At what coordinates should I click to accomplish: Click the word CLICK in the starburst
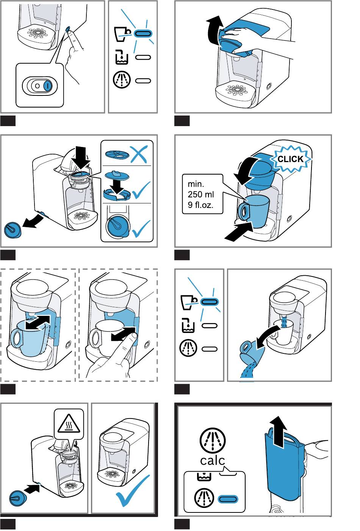[x=291, y=159]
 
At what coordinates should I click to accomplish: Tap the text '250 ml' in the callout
[x=200, y=194]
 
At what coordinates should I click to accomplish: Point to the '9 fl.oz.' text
[x=200, y=205]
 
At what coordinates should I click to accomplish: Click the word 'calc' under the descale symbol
[x=212, y=460]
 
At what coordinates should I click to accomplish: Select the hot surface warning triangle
[x=69, y=423]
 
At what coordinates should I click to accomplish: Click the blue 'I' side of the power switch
[x=47, y=86]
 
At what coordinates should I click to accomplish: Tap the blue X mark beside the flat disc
[x=139, y=154]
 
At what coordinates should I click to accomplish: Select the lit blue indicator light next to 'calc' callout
[x=227, y=499]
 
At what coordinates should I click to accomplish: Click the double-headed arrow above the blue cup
[x=38, y=322]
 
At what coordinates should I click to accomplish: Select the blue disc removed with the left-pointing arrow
[x=13, y=230]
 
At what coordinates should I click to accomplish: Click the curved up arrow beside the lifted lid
[x=214, y=30]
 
